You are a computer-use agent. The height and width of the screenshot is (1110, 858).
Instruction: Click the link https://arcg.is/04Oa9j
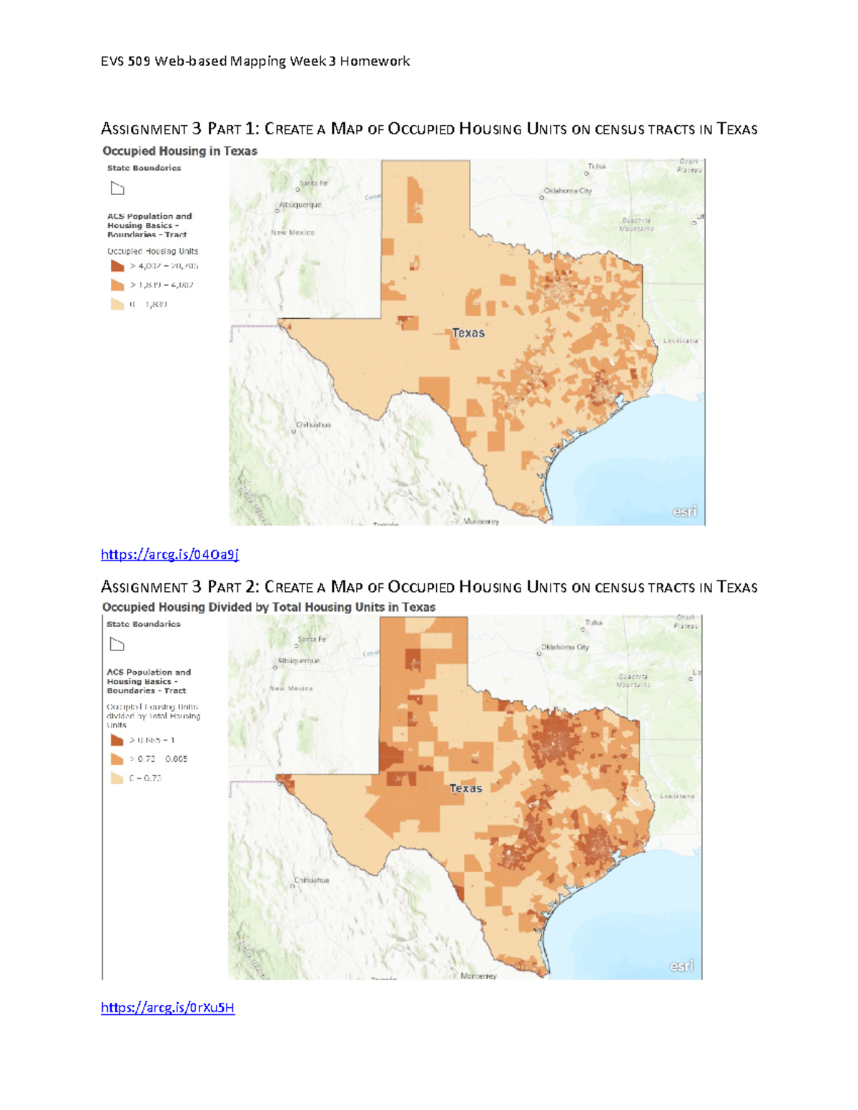169,554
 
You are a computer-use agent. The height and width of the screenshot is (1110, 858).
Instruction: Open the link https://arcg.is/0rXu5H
167,1007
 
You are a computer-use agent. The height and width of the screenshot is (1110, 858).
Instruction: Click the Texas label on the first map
468,333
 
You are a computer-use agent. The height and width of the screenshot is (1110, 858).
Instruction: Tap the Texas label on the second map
465,788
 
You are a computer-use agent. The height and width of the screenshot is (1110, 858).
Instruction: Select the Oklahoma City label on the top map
568,191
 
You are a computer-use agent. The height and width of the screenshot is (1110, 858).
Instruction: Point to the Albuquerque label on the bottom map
299,661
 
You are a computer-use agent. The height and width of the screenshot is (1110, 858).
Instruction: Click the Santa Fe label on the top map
313,183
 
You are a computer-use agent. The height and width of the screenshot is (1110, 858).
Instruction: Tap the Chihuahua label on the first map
313,425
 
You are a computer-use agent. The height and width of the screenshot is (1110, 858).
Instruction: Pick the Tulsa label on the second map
593,623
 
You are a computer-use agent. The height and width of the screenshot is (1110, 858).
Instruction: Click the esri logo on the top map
684,512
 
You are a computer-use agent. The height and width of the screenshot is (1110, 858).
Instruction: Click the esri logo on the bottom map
681,966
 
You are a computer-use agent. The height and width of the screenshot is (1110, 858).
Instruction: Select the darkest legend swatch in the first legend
117,266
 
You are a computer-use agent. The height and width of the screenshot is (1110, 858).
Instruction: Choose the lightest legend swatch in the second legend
117,778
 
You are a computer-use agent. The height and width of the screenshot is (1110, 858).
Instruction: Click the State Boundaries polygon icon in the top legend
117,189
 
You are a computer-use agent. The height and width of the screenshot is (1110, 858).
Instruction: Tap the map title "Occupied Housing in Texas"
179,151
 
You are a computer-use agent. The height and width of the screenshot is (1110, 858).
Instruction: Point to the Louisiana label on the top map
680,341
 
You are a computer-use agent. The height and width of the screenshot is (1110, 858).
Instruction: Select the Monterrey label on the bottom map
478,976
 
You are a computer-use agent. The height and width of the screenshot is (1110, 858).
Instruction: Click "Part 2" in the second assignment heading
233,588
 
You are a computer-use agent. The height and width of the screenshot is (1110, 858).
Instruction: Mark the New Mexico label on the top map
292,232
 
